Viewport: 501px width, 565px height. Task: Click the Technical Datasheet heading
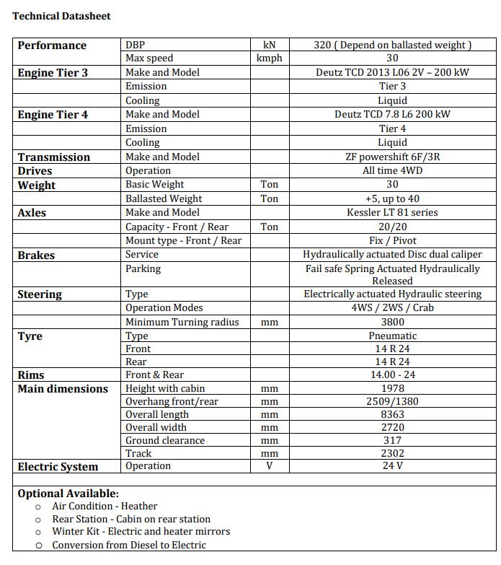pos(61,16)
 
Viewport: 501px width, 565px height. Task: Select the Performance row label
pos(52,45)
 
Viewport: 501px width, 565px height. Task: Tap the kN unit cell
pos(269,45)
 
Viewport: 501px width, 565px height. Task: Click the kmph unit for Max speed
pos(269,58)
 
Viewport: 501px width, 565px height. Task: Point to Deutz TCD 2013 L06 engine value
pos(392,72)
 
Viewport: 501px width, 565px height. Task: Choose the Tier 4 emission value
pos(392,128)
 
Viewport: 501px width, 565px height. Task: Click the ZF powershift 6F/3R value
pos(392,157)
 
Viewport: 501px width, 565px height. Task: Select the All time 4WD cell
pos(392,170)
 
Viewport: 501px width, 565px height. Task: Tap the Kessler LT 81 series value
pos(392,212)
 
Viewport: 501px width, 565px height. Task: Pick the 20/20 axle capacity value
pos(392,227)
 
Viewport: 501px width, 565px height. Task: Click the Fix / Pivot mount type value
pos(392,240)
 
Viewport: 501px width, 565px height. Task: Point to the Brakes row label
pos(36,255)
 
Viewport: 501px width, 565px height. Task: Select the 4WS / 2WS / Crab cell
pos(392,307)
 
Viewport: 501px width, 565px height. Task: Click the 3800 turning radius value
pos(392,322)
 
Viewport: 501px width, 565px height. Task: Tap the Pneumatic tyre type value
pos(392,336)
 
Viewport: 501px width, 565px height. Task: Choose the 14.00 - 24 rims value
pos(392,375)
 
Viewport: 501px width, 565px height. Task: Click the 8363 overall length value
pos(392,414)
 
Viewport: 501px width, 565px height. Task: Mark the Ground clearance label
pos(165,440)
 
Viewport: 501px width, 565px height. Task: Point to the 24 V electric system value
pos(392,466)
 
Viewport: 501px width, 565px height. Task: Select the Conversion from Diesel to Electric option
pos(129,545)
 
